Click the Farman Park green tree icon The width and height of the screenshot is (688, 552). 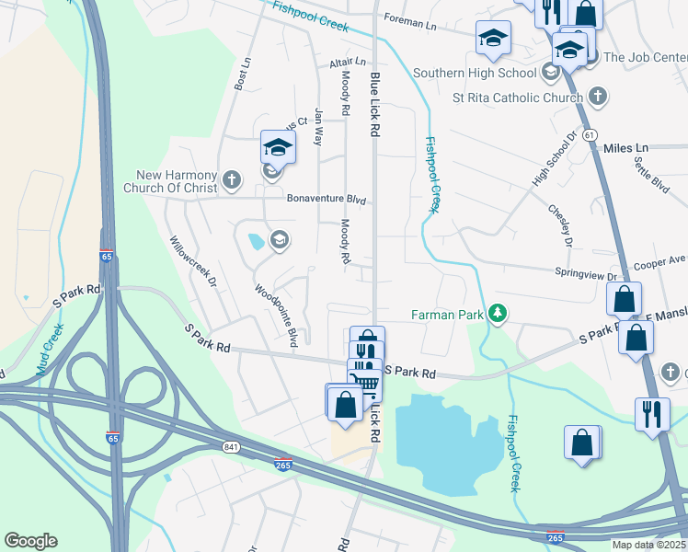[498, 315]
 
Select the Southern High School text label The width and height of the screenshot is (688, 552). [475, 73]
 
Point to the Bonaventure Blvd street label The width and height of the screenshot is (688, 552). [326, 199]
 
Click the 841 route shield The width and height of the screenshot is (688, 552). [230, 446]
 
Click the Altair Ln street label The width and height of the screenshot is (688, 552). [348, 62]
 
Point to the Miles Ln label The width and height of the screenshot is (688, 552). [625, 147]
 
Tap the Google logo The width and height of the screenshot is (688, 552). [30, 541]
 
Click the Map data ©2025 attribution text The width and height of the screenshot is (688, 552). [648, 545]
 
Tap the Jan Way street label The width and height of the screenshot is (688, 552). [319, 127]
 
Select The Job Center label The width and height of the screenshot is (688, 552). [646, 57]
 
